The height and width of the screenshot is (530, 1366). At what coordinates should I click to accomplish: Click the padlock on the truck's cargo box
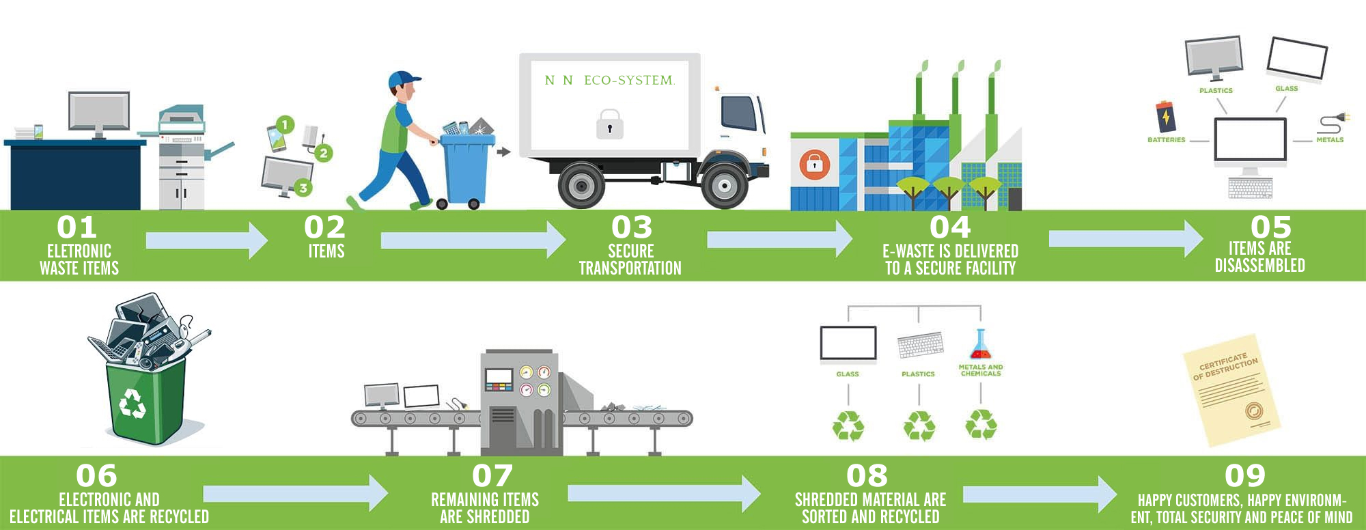609,125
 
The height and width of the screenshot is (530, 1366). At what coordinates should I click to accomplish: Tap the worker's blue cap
403,79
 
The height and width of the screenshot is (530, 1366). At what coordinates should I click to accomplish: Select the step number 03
631,227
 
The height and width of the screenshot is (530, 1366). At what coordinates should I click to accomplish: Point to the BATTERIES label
1166,140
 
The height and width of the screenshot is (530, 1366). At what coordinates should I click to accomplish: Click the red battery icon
1165,116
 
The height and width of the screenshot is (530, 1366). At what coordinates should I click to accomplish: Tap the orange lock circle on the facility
814,165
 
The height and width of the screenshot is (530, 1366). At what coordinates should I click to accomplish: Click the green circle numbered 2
324,153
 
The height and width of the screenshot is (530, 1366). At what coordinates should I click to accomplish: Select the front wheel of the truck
724,185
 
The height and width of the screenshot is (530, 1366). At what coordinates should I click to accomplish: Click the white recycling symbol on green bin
133,403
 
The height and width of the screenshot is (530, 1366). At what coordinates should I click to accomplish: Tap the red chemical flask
980,346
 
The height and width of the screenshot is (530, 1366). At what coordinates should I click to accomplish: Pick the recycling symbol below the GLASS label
848,426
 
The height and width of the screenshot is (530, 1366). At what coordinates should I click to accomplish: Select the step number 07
492,476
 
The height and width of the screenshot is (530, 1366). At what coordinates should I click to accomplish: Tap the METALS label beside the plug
1330,140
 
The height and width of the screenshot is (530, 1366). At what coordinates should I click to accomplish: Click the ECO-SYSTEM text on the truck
628,81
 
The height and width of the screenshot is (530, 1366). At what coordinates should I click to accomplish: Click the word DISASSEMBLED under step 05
1259,266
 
